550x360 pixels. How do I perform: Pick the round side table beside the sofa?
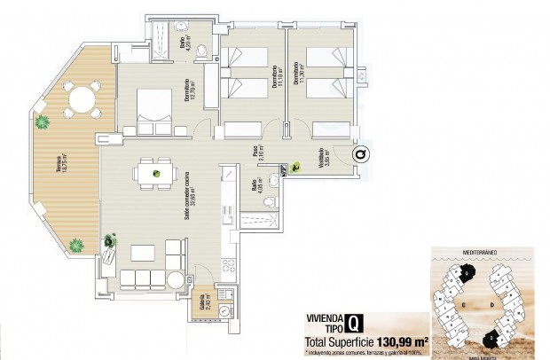tap(110, 241)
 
